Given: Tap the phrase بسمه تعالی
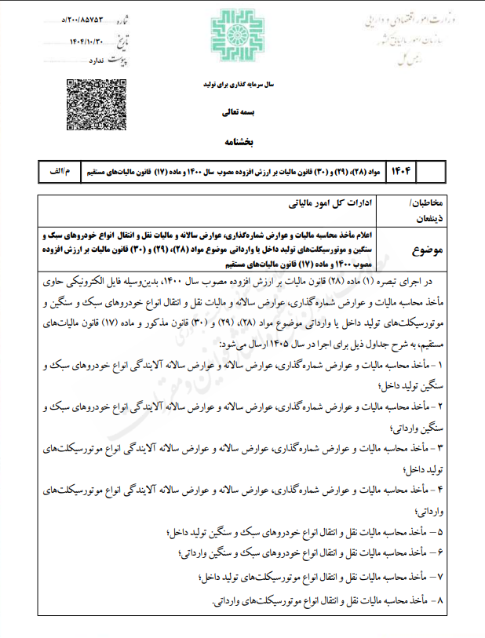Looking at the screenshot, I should point(242,113).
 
